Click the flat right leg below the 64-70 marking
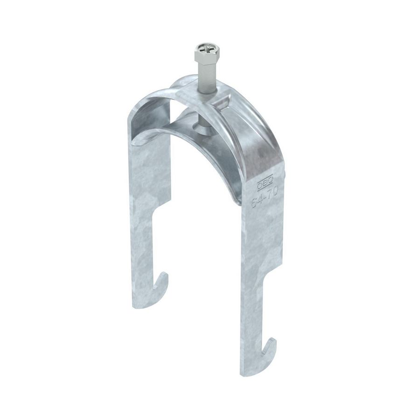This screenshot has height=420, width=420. [x=261, y=247]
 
